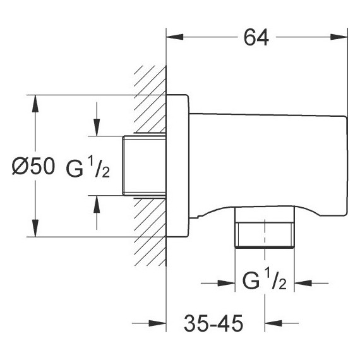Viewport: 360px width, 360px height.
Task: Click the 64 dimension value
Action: pos(256,37)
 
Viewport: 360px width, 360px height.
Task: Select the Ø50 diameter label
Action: pos(33,167)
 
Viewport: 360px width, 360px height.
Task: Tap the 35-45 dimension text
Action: pos(213,323)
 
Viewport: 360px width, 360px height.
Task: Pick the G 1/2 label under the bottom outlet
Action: pos(265,279)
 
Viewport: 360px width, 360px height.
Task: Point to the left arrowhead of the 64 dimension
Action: pos(175,37)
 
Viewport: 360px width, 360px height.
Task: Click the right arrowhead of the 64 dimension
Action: pos(339,37)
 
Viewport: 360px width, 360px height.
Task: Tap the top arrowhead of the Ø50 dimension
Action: pos(35,104)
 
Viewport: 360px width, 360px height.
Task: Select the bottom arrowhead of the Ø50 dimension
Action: pos(35,228)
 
